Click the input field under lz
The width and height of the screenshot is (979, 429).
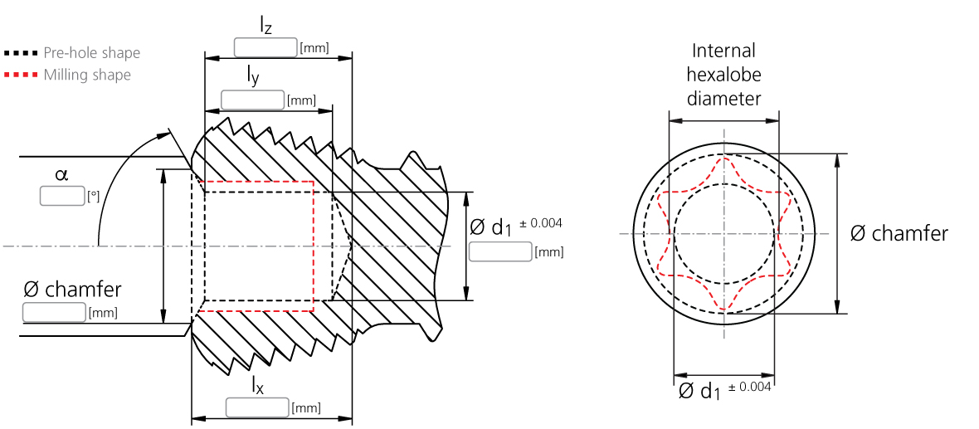pyautogui.click(x=265, y=47)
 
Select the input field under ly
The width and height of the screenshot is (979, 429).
pyautogui.click(x=252, y=100)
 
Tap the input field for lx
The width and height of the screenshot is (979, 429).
pyautogui.click(x=257, y=407)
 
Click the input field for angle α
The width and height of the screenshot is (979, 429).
pyautogui.click(x=62, y=197)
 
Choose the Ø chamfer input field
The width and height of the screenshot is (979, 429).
pyautogui.click(x=54, y=313)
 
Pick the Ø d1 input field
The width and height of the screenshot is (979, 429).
pyautogui.click(x=499, y=251)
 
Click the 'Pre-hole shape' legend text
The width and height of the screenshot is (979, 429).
pyautogui.click(x=91, y=53)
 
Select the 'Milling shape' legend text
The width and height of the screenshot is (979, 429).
pyautogui.click(x=87, y=76)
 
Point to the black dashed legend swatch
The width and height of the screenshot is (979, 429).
pyautogui.click(x=21, y=53)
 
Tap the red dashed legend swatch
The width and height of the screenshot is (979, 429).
pyautogui.click(x=21, y=76)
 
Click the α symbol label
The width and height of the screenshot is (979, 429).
pyautogui.click(x=61, y=175)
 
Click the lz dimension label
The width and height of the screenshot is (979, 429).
pyautogui.click(x=265, y=25)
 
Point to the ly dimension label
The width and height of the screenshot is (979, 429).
pyautogui.click(x=252, y=76)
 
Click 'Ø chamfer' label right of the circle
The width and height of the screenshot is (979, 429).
pyautogui.click(x=899, y=234)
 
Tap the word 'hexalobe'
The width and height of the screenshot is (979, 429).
pyautogui.click(x=723, y=75)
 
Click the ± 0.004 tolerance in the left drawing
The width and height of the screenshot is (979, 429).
pyautogui.click(x=541, y=223)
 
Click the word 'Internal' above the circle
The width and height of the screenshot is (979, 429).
pyautogui.click(x=723, y=51)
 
